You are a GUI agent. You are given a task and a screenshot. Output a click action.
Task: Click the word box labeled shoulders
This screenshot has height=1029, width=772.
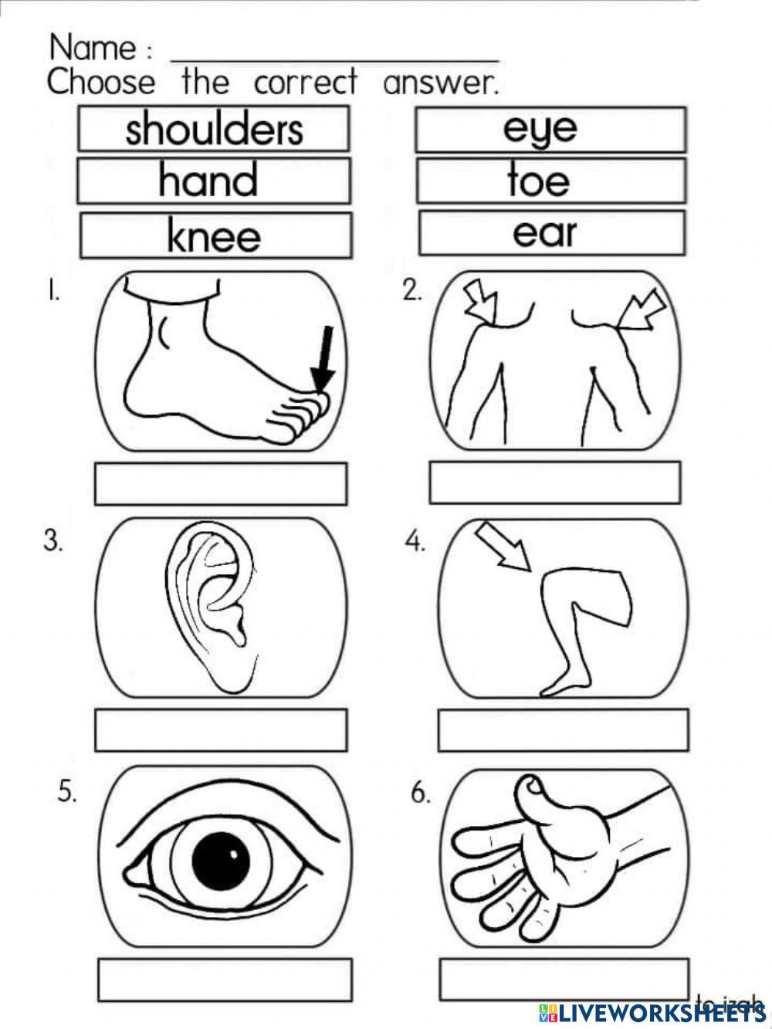214,129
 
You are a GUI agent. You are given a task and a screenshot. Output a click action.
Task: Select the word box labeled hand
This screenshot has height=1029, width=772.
214,181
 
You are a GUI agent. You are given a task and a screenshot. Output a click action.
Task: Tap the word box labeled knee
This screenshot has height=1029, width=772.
215,235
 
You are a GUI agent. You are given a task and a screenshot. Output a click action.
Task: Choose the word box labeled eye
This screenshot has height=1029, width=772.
550,129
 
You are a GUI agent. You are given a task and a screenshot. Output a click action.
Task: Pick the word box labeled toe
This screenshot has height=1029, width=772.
550,181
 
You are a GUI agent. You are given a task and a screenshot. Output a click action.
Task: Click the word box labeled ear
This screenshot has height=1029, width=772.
551,232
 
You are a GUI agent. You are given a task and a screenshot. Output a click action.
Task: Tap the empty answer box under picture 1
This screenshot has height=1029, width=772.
220,484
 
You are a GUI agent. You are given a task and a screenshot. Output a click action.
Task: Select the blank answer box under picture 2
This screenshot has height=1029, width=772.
554,482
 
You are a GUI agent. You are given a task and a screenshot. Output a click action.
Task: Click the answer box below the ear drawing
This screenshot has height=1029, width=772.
220,729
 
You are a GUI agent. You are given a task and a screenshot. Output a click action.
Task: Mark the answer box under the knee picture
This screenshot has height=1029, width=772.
563,730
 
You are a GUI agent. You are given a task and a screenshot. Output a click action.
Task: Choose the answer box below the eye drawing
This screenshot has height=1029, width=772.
225,980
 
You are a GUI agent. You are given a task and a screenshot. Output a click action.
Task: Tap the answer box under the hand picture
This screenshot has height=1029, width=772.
564,979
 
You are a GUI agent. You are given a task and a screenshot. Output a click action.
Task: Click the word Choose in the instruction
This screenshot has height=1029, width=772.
101,82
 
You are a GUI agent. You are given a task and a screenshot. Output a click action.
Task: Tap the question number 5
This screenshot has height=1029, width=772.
67,792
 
